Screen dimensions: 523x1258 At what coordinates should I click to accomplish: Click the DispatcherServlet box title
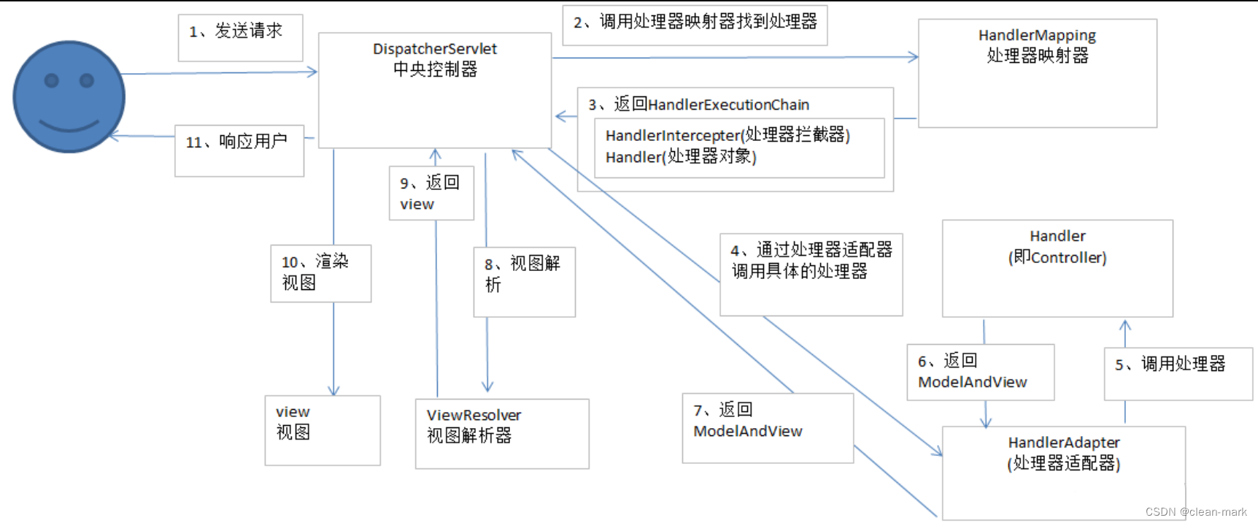coord(435,49)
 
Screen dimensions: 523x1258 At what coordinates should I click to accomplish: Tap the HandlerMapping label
coord(1037,35)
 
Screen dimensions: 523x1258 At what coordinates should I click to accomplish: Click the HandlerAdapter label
coord(1063,443)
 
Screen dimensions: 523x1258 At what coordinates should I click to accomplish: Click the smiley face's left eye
coord(51,80)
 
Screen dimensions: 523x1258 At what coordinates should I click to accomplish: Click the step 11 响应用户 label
coord(236,142)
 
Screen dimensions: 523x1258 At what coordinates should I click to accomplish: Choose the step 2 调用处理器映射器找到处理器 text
coord(695,22)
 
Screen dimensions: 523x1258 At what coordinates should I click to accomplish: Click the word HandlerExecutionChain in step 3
coord(728,104)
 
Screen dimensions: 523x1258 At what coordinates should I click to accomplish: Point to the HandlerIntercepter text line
coord(728,135)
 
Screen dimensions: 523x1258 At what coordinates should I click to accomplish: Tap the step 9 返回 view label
coord(429,193)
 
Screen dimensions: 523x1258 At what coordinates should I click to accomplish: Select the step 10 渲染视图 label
coord(315,272)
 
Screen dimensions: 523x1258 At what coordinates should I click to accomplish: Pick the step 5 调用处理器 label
coord(1170,364)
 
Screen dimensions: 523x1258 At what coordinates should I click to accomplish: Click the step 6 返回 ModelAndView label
coord(972,371)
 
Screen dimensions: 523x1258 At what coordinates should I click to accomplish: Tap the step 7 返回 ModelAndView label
coord(747,420)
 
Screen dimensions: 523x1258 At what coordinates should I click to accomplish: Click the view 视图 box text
coord(293,422)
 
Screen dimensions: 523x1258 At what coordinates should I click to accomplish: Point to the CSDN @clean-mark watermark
coord(1196,512)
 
